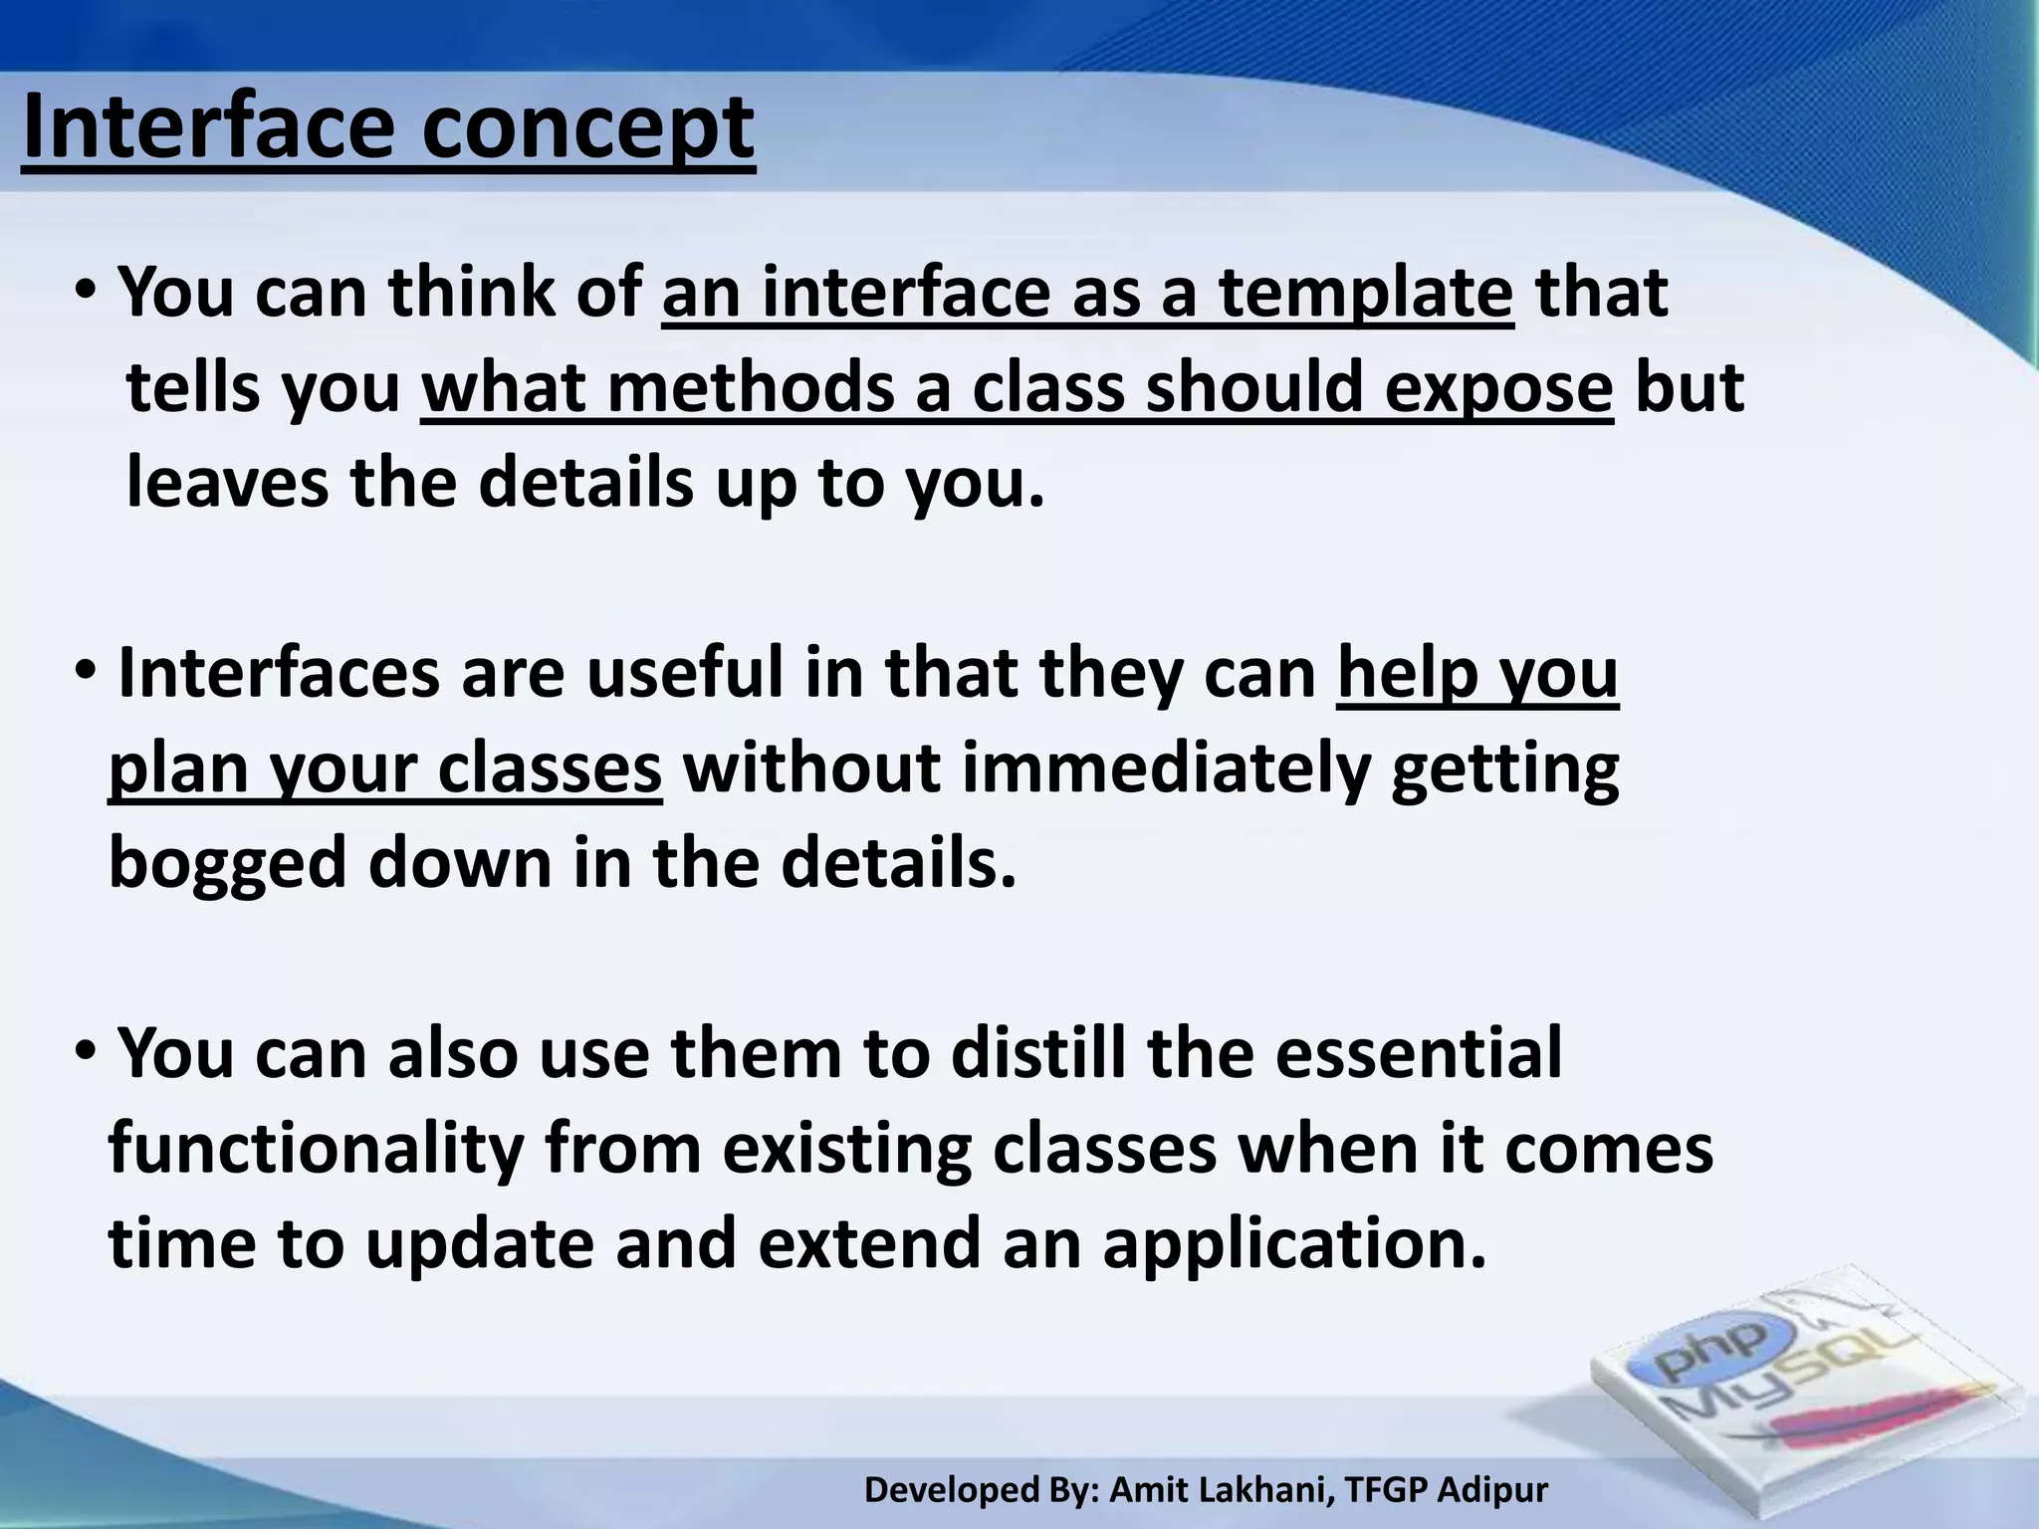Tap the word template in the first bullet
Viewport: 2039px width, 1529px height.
click(1366, 294)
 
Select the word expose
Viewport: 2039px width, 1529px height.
click(1498, 390)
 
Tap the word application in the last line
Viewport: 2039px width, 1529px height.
click(1293, 1244)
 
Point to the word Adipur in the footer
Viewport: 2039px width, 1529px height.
click(1492, 1490)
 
